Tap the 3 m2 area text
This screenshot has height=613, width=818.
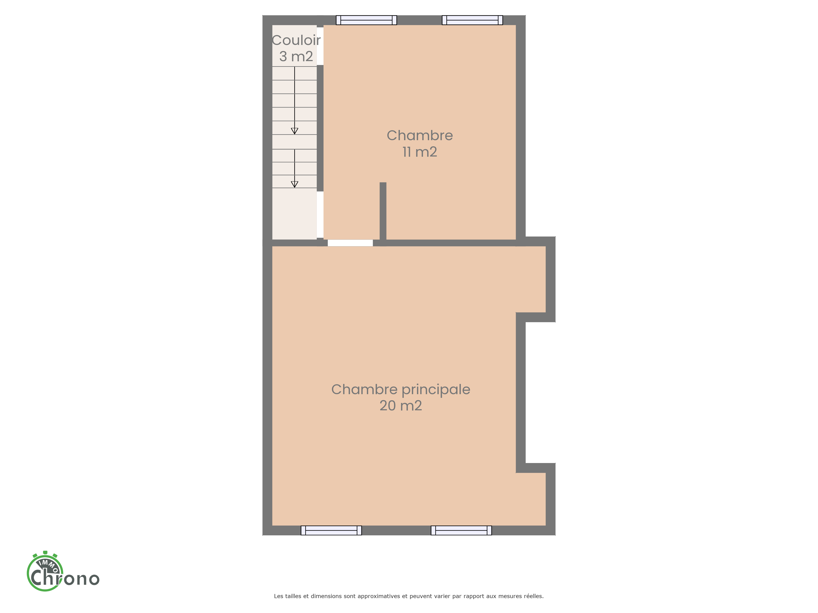coord(296,57)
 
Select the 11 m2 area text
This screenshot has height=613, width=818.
coord(420,152)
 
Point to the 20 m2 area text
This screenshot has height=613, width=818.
coord(401,406)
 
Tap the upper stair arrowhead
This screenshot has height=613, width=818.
coord(294,131)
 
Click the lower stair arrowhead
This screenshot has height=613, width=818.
coord(294,184)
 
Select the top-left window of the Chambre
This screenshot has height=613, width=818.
coord(366,20)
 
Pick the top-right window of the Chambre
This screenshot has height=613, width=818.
coord(473,20)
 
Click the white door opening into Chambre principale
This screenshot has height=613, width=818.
coord(350,243)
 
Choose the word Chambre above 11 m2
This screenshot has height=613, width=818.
coord(420,136)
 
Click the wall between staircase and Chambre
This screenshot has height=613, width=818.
coord(320,128)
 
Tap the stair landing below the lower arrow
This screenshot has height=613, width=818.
coord(294,214)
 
